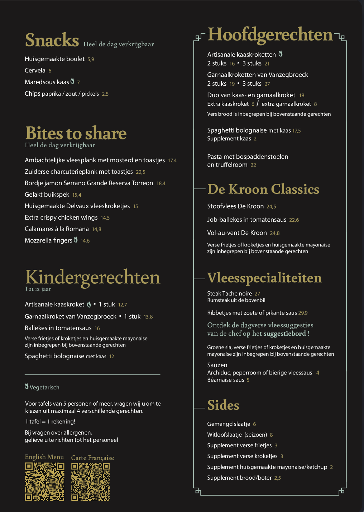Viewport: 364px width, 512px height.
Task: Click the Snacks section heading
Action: [x=52, y=40]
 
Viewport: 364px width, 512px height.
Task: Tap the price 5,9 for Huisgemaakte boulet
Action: [x=91, y=59]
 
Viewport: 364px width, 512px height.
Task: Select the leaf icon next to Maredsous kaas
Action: [x=72, y=81]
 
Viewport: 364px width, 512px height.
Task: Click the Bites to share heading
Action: [x=76, y=133]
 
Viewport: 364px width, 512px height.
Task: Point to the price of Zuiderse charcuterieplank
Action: [x=140, y=172]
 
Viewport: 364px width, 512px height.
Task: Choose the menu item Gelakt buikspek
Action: [x=47, y=195]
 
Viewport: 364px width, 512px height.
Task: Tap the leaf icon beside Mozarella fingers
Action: [x=76, y=240]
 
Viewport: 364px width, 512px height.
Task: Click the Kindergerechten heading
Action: [x=93, y=277]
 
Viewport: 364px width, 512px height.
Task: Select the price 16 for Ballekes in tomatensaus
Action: [x=97, y=328]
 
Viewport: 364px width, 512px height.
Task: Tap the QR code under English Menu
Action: [x=44, y=482]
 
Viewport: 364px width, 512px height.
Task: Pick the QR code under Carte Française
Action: [x=90, y=482]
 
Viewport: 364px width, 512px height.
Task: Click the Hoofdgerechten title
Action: [x=270, y=34]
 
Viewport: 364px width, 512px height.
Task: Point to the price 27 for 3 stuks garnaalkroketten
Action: [x=267, y=84]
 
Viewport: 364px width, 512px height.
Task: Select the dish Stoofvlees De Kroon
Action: [x=235, y=206]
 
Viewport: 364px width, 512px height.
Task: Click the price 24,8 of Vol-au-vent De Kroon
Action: [x=275, y=233]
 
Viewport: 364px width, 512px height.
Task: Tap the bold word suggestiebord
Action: [x=285, y=334]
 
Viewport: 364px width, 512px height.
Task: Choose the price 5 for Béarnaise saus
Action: [x=248, y=380]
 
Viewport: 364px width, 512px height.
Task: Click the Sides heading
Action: [x=223, y=405]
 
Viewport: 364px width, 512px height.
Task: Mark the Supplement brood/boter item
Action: [x=239, y=478]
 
